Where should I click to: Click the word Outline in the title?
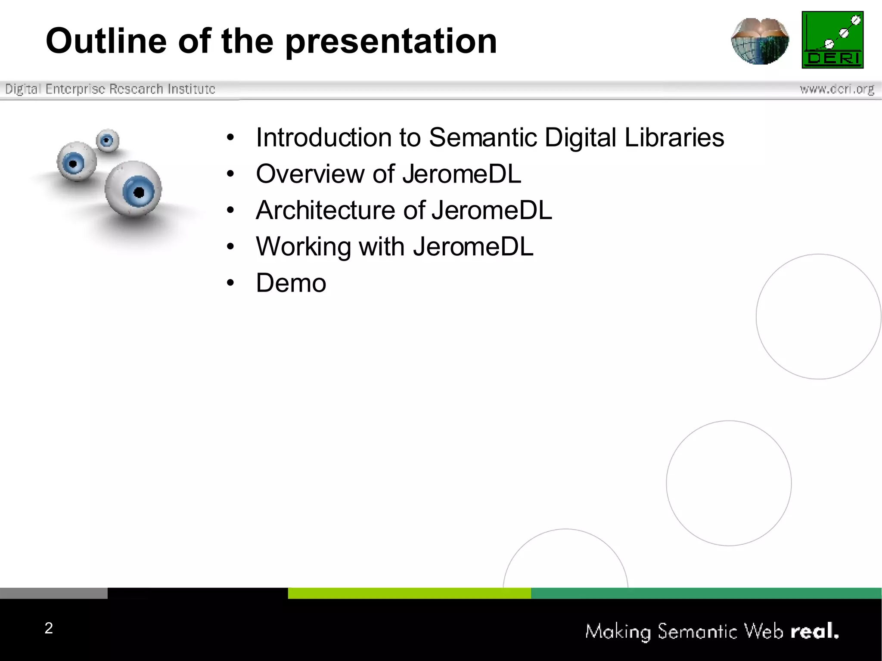click(x=106, y=41)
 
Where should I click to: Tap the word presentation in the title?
click(x=391, y=42)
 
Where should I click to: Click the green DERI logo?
click(x=832, y=40)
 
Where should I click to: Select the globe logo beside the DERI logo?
click(x=760, y=41)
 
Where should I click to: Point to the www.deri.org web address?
click(x=837, y=89)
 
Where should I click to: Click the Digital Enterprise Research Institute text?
click(x=110, y=89)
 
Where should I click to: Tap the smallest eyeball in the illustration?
click(x=107, y=140)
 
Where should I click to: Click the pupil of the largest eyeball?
click(x=139, y=192)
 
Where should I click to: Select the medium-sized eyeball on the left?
click(x=76, y=162)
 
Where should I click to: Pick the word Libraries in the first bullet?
click(x=674, y=137)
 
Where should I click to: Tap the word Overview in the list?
click(x=310, y=174)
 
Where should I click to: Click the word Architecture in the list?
click(x=325, y=210)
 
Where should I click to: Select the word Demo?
click(x=291, y=283)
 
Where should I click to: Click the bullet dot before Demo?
click(x=231, y=283)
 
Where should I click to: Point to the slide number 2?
click(x=49, y=628)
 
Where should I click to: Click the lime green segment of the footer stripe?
click(x=409, y=593)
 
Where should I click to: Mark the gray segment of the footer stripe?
click(x=53, y=593)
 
